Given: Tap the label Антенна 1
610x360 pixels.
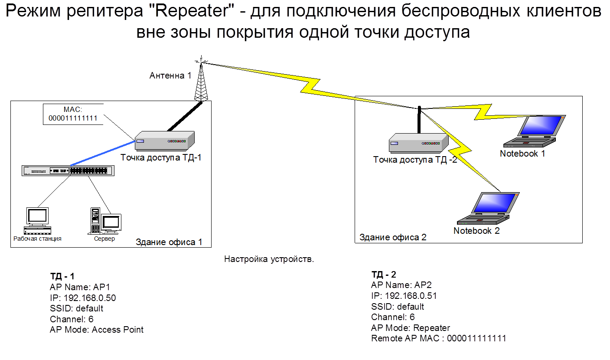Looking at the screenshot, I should click(170, 75).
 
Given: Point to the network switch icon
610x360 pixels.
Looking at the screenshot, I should click(68, 170).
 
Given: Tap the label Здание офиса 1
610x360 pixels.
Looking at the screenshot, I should click(169, 242).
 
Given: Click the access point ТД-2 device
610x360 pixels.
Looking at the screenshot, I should click(418, 143).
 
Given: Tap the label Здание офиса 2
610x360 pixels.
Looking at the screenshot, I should click(393, 237).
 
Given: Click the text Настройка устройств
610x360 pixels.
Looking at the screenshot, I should click(269, 259).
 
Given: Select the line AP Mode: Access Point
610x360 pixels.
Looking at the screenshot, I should click(97, 330).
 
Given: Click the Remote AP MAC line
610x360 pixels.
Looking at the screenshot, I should click(438, 338).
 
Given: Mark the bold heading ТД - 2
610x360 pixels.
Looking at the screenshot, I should click(384, 274).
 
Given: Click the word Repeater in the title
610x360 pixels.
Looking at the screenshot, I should click(191, 12).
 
